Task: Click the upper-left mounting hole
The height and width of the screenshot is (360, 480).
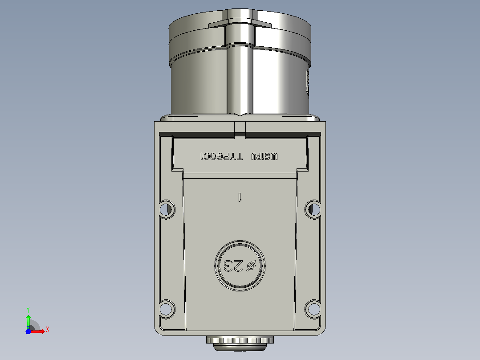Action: [166, 209]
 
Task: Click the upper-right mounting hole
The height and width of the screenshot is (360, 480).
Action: [313, 209]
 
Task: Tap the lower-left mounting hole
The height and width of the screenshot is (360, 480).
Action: [166, 309]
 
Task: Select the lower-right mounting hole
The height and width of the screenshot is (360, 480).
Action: [313, 309]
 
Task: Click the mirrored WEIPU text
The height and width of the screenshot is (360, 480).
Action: [265, 156]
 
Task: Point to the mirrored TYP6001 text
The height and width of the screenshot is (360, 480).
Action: [221, 156]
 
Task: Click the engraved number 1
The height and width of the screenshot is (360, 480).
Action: [240, 197]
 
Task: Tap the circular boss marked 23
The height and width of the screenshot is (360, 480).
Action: [240, 266]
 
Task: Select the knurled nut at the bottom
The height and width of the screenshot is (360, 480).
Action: [240, 340]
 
